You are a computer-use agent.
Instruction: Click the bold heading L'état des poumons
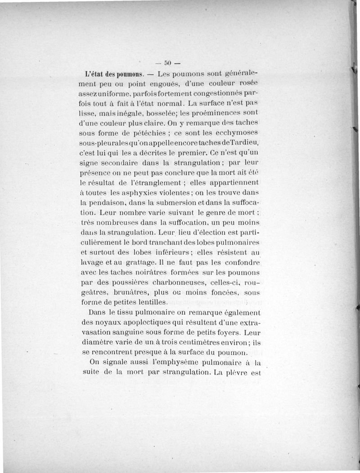coord(114,74)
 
